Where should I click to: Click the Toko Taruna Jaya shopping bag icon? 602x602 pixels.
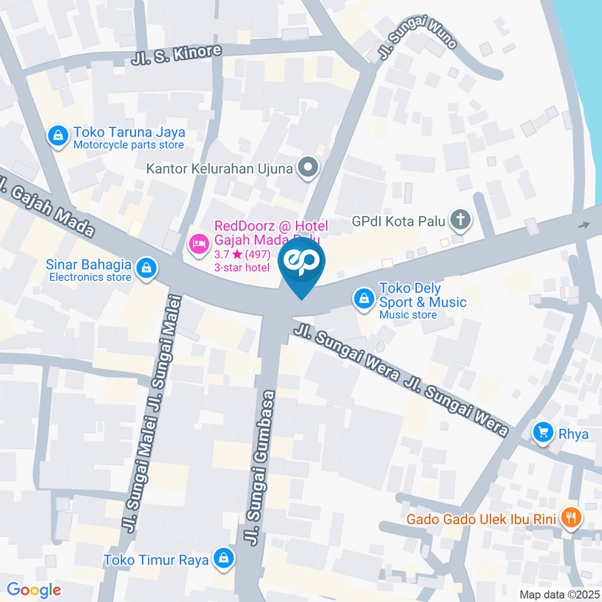point(58,135)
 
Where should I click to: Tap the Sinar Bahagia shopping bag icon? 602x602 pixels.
point(146,267)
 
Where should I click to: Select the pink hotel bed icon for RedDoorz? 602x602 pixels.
point(198,244)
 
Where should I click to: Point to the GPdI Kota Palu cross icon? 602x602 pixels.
point(462,219)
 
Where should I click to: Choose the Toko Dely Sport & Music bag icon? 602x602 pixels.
point(364,299)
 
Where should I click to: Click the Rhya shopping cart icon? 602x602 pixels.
point(542,432)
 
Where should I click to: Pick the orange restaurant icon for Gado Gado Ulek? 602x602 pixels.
point(571,517)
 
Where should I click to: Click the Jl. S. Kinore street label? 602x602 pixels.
point(177,55)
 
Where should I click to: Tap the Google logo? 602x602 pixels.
point(33,589)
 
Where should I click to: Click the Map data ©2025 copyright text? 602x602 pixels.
point(559,594)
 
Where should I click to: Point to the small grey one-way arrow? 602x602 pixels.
point(585,226)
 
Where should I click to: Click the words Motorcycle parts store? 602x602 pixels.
point(129,145)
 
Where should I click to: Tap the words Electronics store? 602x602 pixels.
point(90,277)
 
